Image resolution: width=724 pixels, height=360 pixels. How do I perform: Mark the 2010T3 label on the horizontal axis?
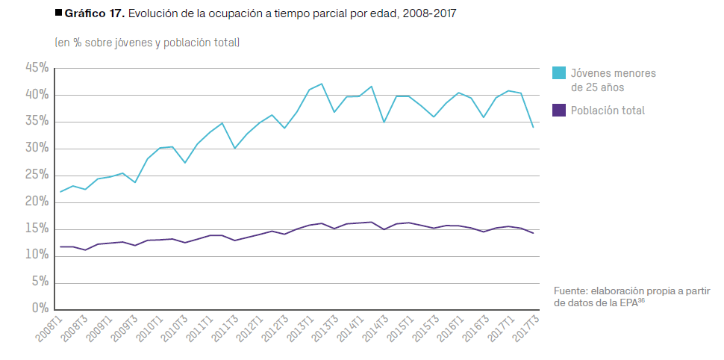tap(174, 329)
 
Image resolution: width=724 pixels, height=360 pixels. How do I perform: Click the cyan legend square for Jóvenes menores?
tap(558, 73)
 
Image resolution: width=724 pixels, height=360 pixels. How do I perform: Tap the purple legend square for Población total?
tap(558, 111)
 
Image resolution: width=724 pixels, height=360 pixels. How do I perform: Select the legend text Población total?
tap(608, 111)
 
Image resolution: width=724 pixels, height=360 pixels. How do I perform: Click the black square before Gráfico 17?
tap(59, 13)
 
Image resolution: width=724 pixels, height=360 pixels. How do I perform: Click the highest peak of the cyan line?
tap(322, 84)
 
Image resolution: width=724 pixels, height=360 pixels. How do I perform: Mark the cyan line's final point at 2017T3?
tap(533, 127)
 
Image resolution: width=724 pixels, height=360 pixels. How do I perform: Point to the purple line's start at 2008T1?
tap(60, 246)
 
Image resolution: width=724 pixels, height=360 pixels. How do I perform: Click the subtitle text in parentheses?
tap(147, 43)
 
